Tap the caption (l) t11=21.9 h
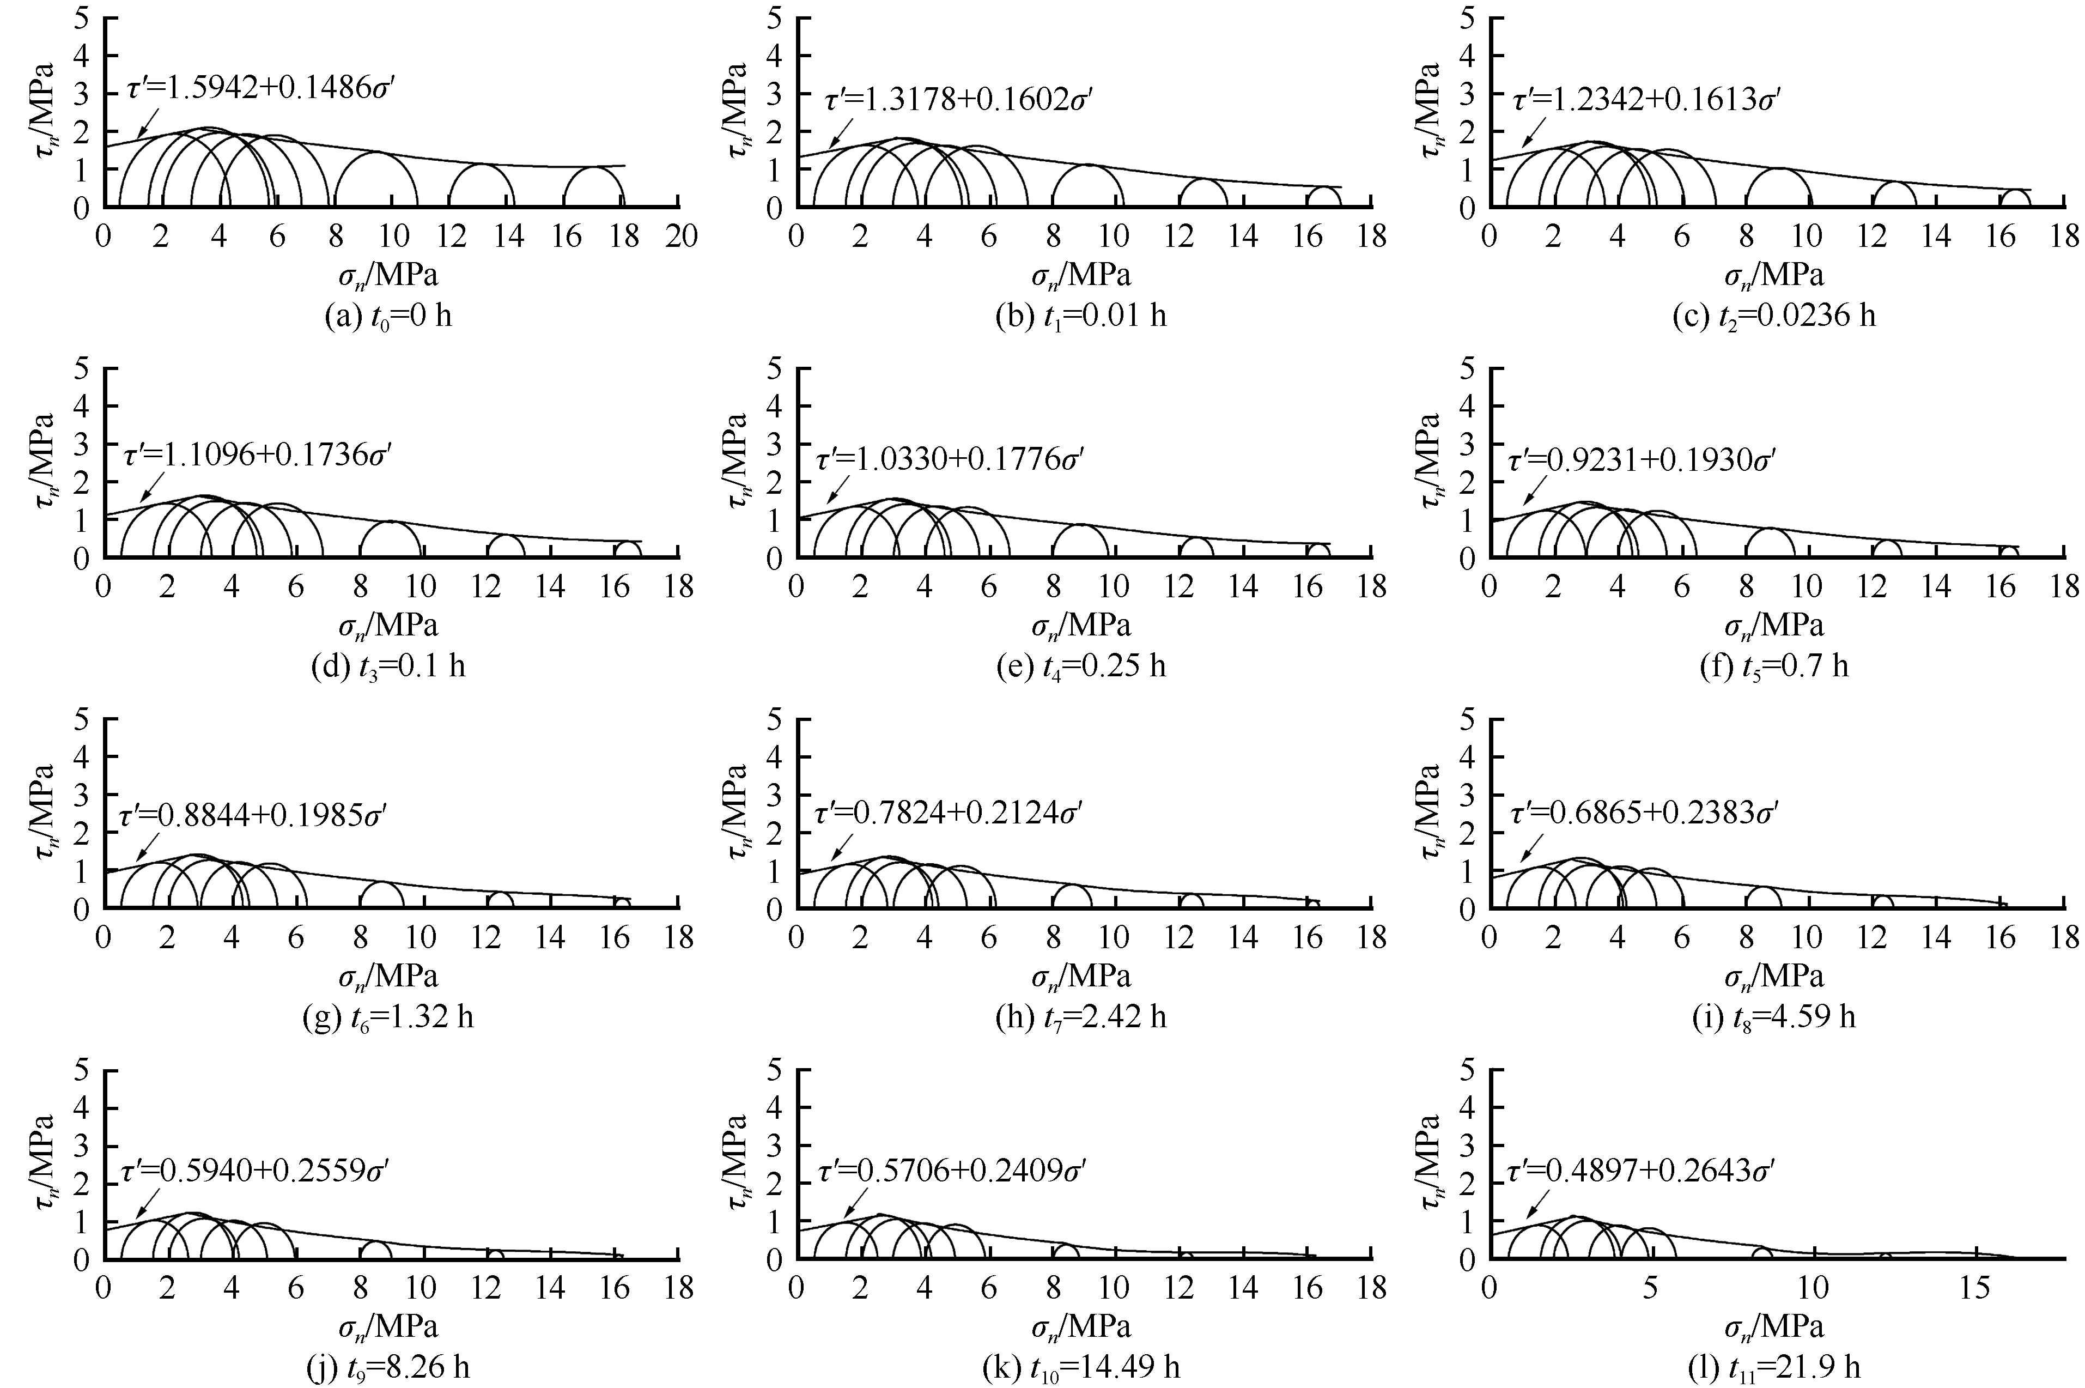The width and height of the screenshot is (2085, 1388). pos(1774,1368)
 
